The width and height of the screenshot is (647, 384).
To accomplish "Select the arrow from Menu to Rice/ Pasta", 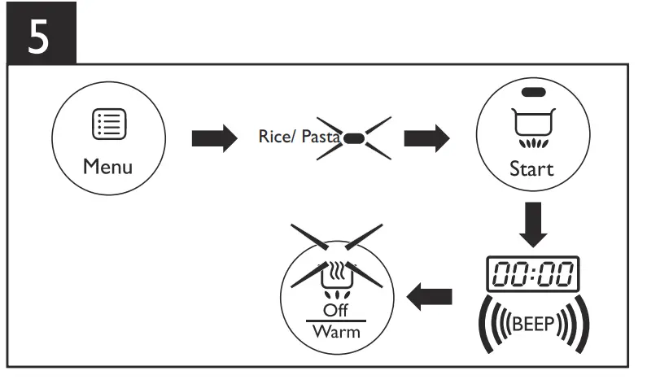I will tap(213, 138).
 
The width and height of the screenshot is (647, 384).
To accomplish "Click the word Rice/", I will tap(277, 136).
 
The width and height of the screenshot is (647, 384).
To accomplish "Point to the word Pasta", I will tap(321, 136).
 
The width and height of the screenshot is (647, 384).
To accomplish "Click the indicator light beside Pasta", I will tap(354, 137).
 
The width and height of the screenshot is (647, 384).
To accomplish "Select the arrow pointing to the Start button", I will tap(426, 138).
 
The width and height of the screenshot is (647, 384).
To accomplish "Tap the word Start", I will tap(531, 169).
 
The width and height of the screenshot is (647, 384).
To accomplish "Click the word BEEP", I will tap(532, 323).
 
